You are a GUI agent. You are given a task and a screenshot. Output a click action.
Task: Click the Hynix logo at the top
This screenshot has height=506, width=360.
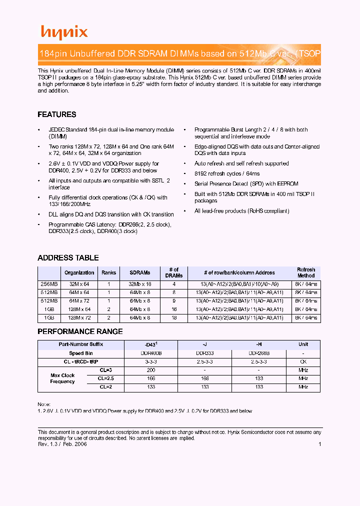(64, 32)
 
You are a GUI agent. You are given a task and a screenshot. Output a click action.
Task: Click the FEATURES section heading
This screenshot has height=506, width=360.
(57, 114)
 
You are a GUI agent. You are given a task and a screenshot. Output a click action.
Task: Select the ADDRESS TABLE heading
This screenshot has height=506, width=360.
(68, 258)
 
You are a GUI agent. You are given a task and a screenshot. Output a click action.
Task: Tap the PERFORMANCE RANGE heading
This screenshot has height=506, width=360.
(80, 331)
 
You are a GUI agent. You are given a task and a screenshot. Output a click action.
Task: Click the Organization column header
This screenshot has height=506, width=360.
(79, 273)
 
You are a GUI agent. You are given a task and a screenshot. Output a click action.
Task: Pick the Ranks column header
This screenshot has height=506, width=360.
(108, 273)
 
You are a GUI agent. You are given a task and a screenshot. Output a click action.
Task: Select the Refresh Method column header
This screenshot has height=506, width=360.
(305, 273)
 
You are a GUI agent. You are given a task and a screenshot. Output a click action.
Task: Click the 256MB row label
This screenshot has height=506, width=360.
(49, 284)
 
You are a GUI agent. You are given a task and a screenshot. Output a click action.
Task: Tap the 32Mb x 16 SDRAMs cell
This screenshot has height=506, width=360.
(140, 284)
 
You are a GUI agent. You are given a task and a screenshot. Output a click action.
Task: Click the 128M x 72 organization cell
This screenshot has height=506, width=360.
(79, 318)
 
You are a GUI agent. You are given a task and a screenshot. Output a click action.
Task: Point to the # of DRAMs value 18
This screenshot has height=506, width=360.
(174, 318)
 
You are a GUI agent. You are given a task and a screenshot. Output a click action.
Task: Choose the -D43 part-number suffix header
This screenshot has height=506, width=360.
(150, 344)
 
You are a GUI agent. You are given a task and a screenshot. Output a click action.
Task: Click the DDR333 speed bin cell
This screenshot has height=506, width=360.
(205, 353)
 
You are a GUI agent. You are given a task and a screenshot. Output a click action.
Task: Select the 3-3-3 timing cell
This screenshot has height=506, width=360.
(150, 361)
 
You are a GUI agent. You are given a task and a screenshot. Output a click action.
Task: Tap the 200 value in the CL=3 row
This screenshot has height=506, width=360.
(150, 370)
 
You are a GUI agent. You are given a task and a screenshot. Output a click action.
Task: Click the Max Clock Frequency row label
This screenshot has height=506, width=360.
(62, 378)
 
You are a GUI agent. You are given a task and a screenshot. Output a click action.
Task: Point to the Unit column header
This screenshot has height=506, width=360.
(303, 344)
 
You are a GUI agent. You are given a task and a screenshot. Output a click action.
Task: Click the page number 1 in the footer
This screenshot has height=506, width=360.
(319, 444)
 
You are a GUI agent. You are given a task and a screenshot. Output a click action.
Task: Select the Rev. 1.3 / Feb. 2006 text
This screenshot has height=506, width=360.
(62, 444)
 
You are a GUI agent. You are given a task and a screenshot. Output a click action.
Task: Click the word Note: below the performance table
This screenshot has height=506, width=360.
(44, 404)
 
